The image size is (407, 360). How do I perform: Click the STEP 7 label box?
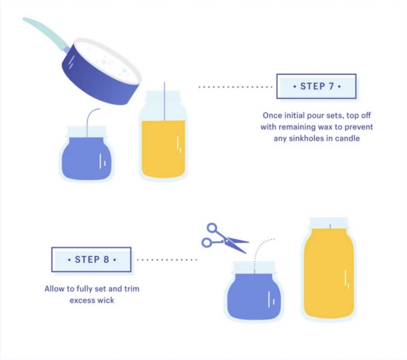(x=316, y=86)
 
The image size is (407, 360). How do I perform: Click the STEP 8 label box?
(x=91, y=259)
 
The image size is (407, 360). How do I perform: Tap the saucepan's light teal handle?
(x=46, y=33)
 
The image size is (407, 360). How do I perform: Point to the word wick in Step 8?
(x=106, y=300)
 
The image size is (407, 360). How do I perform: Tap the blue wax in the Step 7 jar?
(x=87, y=158)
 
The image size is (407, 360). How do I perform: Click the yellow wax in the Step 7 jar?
(x=163, y=149)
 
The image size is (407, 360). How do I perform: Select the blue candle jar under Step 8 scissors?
(x=254, y=292)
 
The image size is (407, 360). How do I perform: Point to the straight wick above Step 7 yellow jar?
(x=164, y=101)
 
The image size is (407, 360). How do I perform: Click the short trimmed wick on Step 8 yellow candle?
(x=330, y=226)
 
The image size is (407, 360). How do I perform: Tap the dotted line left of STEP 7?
(x=235, y=87)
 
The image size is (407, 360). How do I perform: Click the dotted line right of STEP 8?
(x=167, y=260)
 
